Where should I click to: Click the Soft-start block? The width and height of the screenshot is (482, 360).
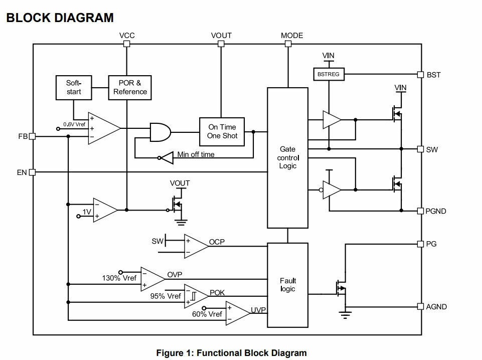[x=74, y=88]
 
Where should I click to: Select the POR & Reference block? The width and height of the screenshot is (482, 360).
[x=130, y=88]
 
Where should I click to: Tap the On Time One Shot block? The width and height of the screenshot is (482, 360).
[x=222, y=131]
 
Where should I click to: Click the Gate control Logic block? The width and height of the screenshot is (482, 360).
[x=288, y=158]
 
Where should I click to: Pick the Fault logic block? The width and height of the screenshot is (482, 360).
[x=288, y=285]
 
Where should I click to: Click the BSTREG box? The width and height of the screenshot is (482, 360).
[x=329, y=74]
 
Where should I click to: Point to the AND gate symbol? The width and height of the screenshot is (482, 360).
[x=160, y=132]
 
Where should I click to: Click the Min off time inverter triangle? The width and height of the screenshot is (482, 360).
[x=167, y=158]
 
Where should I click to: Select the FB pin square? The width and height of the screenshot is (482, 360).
[x=32, y=136]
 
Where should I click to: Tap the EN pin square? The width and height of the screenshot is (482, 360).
[x=32, y=172]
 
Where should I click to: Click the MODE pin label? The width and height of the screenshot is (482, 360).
[x=292, y=36]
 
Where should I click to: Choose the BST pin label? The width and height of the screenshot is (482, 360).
[x=433, y=75]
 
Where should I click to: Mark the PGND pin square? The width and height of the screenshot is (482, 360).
[x=420, y=211]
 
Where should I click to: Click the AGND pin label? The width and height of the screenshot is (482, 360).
[x=436, y=306]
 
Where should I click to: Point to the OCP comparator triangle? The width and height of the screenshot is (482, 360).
[x=196, y=246]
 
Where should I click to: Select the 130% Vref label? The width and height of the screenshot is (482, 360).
[x=119, y=278]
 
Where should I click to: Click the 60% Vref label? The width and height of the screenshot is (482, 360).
[x=207, y=314]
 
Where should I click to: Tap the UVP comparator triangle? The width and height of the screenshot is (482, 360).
[x=238, y=313]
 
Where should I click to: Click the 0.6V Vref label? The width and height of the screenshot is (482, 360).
[x=74, y=124]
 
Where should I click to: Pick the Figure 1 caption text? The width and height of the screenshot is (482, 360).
[x=232, y=353]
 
